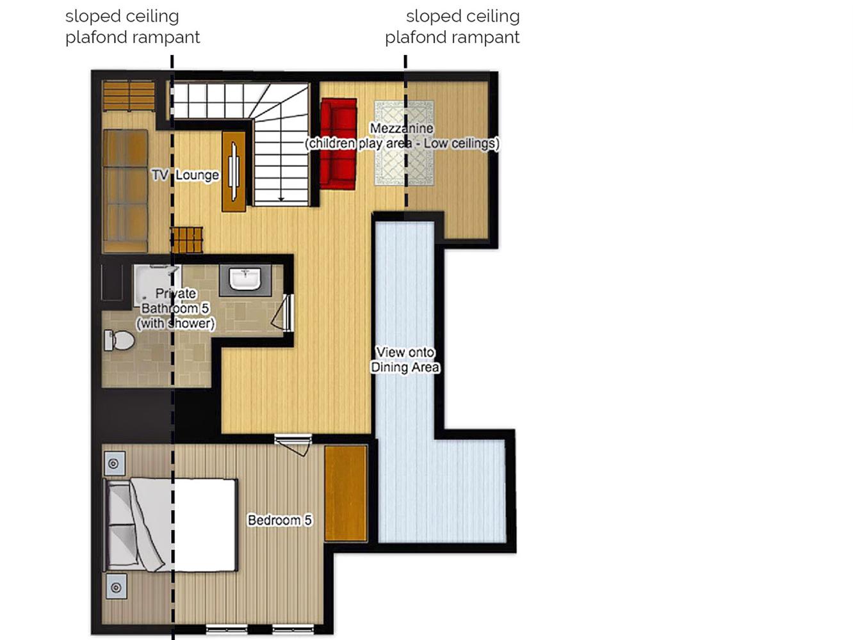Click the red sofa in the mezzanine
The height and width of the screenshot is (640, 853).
(338, 144)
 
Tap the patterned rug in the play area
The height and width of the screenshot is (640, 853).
(404, 143)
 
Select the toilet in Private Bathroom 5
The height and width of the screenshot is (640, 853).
(118, 340)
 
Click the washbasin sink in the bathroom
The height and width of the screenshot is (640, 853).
(245, 280)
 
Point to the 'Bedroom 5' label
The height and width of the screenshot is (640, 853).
(280, 520)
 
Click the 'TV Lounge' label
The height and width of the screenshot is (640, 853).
(185, 175)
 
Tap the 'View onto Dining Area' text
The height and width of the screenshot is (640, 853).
(405, 360)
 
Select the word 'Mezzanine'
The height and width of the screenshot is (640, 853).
(402, 128)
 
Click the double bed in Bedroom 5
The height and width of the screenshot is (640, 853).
(170, 525)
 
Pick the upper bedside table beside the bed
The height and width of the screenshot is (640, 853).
(114, 463)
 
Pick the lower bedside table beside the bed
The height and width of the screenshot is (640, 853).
(116, 588)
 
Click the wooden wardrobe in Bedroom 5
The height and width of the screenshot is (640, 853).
(346, 493)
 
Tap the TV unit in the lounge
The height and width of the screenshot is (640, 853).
(234, 172)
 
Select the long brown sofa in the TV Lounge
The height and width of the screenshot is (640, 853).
(126, 191)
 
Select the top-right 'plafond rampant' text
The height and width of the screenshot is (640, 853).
(452, 38)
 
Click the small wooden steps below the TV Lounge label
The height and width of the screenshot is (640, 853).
(186, 239)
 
